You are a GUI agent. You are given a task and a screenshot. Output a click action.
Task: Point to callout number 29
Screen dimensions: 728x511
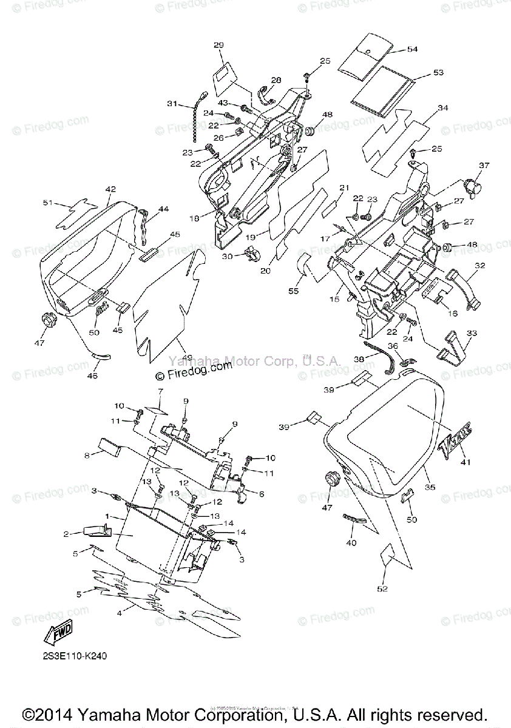tap(218, 45)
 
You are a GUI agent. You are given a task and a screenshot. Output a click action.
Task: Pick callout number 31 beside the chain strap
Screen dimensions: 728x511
tap(173, 104)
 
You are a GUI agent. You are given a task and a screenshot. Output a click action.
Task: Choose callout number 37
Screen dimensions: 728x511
tap(483, 165)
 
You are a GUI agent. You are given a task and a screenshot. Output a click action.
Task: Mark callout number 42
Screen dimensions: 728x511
tap(110, 189)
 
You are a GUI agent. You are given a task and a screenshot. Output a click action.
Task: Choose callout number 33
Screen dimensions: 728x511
tap(472, 333)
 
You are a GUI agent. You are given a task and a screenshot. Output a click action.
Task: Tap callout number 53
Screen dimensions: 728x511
tap(438, 72)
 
